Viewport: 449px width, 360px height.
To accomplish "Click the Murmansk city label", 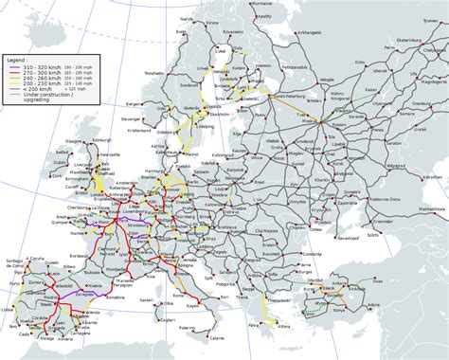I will point(268,9).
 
